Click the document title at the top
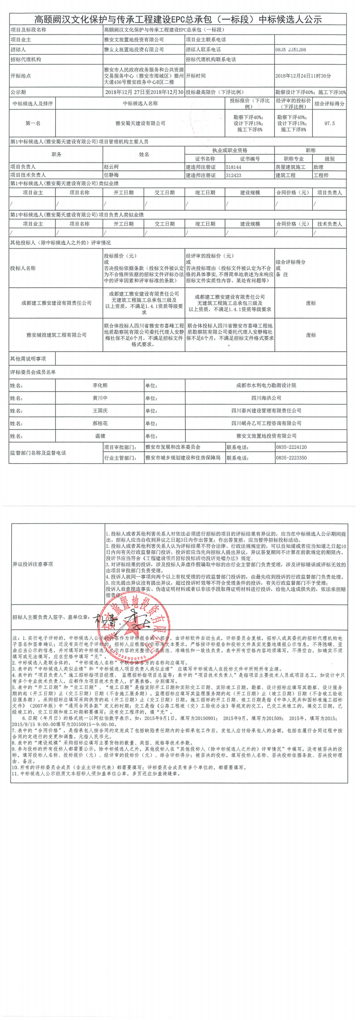tap(178, 20)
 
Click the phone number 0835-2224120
tap(291, 447)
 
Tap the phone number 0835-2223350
tap(291, 457)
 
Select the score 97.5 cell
tap(330, 123)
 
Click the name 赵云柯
tap(111, 167)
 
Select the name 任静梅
tap(111, 175)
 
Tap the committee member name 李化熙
tap(100, 385)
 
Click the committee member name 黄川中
tap(100, 398)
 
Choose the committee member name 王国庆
tap(100, 411)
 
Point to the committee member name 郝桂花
tap(100, 423)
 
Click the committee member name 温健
tap(100, 436)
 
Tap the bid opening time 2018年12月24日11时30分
tap(303, 76)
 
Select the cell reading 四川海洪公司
tap(266, 398)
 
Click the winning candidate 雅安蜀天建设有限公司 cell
tap(140, 123)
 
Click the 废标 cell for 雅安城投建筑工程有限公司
tap(311, 335)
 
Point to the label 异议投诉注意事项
tap(33, 564)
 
